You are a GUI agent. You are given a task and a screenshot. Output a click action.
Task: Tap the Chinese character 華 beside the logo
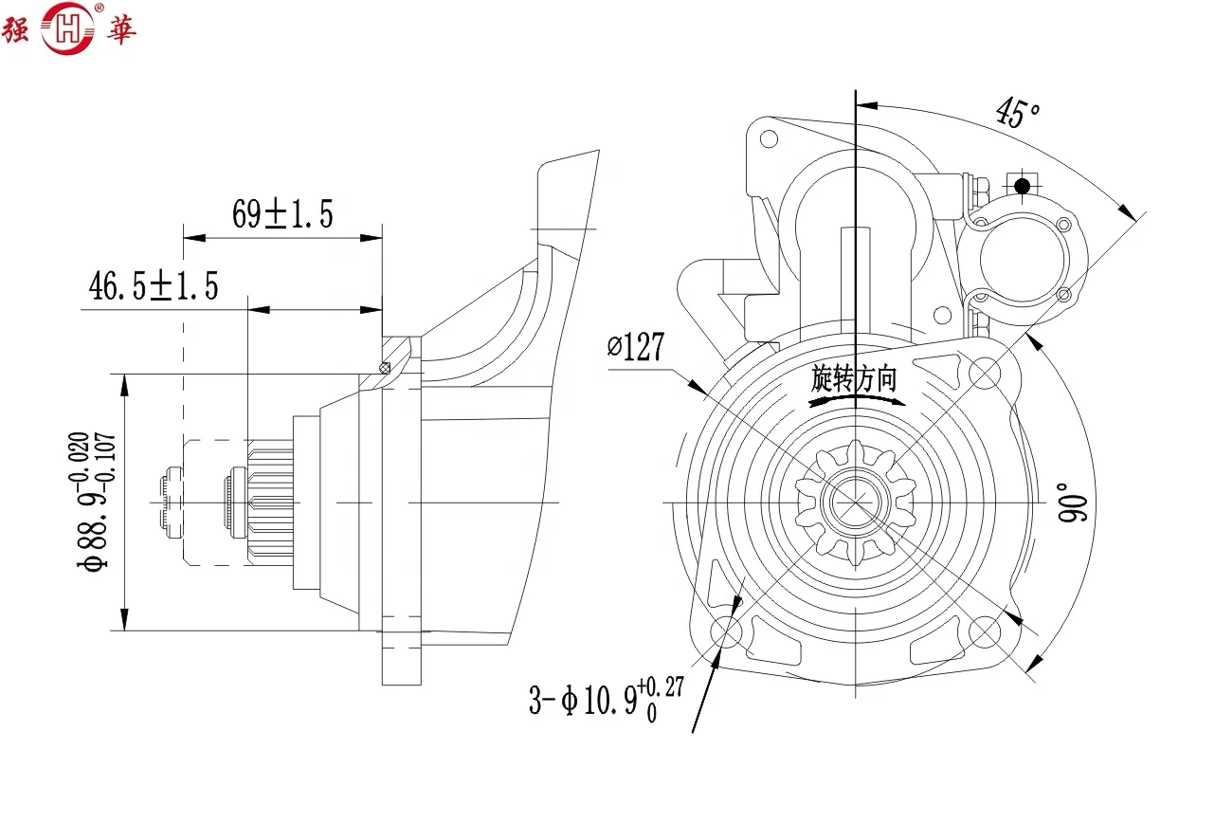point(118,29)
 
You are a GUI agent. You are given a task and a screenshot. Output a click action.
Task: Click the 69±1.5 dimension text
point(282,214)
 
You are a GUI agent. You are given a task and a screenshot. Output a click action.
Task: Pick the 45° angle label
point(1018,113)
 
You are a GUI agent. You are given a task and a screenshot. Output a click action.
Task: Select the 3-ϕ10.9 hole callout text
point(606,700)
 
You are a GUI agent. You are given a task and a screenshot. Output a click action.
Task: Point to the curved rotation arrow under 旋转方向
point(856,401)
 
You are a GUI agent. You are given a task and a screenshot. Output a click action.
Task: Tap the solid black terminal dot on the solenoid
point(1022,187)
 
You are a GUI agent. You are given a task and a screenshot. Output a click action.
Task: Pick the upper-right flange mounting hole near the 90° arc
point(985,373)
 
